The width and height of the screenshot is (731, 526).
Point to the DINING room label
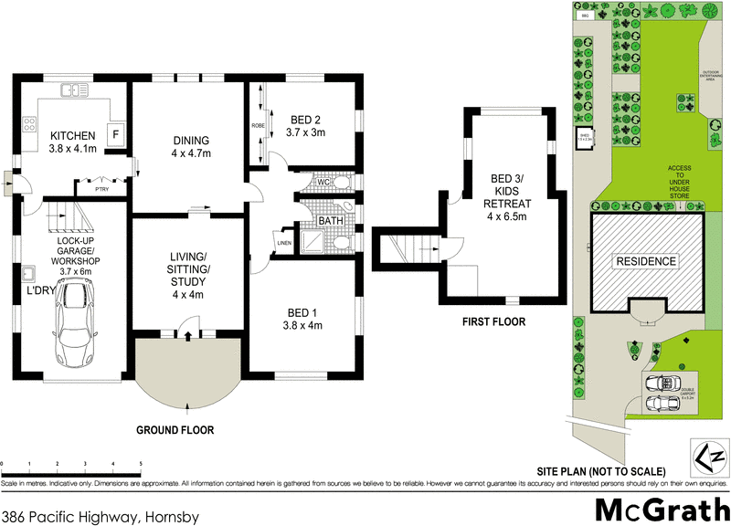click(191, 141)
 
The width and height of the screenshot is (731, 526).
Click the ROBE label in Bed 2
click(258, 125)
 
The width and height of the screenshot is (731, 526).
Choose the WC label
click(323, 182)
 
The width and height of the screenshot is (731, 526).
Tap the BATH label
click(330, 221)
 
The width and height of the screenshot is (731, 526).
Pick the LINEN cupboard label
click(284, 242)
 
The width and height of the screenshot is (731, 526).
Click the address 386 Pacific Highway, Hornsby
click(107, 516)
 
